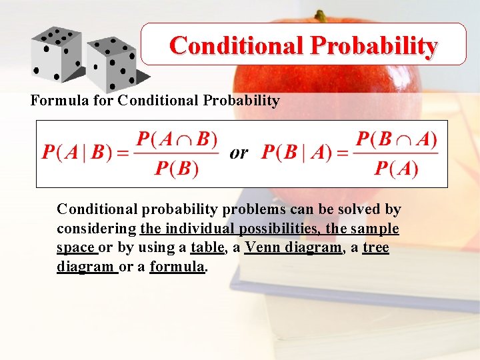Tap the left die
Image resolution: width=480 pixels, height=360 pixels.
point(56,53)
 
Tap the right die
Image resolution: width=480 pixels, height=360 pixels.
point(111,64)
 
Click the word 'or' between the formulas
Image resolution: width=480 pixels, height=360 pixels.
point(239,153)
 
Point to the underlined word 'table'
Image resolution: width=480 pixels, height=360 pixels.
point(206,248)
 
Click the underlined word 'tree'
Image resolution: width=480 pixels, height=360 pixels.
point(375,248)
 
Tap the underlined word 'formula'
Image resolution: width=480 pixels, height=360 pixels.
point(177,267)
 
